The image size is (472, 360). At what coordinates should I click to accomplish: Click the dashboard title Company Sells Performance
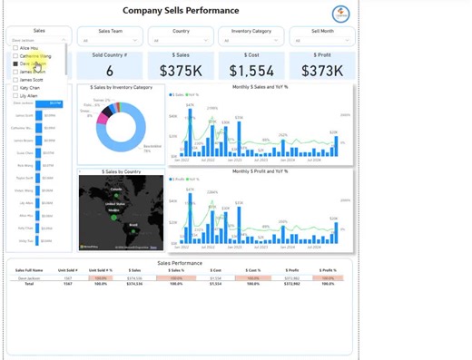click(188, 12)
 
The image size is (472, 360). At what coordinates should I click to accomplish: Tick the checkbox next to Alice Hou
click(15, 48)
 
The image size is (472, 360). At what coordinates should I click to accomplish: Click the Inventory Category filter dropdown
click(251, 40)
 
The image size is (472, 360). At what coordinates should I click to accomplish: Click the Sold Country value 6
click(110, 70)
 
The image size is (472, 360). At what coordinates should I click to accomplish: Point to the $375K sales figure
click(181, 70)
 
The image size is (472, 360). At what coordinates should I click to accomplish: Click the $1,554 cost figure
click(251, 70)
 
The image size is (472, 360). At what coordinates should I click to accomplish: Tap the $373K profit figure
click(321, 70)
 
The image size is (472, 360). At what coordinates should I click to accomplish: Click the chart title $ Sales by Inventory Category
click(122, 87)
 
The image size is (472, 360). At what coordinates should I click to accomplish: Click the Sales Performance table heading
click(180, 262)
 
